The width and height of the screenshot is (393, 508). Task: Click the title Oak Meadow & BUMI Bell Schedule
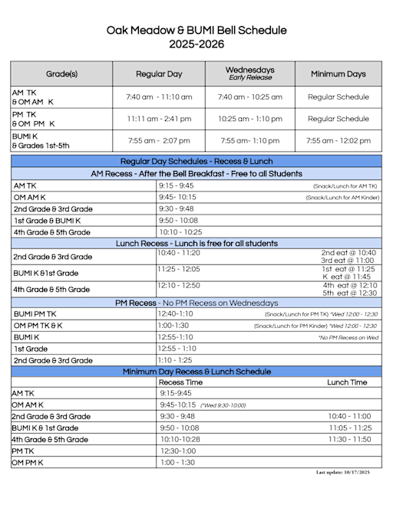(196, 31)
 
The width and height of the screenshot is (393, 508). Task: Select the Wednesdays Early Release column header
(249, 74)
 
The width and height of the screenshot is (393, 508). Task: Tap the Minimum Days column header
(338, 74)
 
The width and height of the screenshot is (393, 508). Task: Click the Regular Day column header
(159, 74)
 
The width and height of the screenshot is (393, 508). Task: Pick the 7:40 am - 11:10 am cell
(159, 97)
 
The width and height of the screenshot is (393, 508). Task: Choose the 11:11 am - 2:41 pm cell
(159, 119)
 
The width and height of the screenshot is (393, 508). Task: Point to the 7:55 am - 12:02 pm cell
(338, 141)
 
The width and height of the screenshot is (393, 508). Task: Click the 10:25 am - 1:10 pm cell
(249, 119)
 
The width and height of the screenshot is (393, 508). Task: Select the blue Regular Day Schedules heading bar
(196, 162)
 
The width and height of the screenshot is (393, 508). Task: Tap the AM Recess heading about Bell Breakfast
(196, 174)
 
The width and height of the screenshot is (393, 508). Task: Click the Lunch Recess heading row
(196, 244)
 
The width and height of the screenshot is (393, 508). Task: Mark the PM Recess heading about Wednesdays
(196, 303)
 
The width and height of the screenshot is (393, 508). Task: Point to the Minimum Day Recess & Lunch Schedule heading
(196, 372)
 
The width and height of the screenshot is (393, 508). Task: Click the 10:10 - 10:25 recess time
(180, 231)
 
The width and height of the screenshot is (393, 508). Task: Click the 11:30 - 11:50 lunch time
(349, 439)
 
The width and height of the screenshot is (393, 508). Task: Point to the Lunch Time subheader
(347, 382)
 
